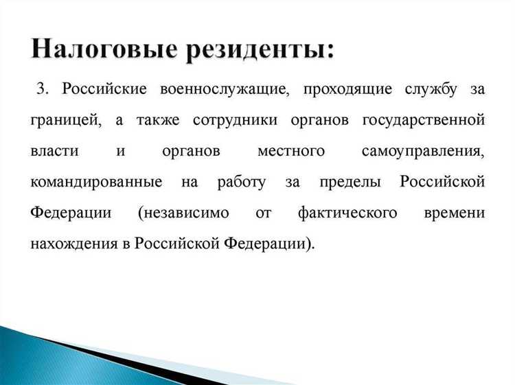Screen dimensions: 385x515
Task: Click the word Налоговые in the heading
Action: pyautogui.click(x=99, y=50)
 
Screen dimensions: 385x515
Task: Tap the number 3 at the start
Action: pyautogui.click(x=43, y=90)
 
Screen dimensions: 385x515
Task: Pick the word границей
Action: pyautogui.click(x=65, y=121)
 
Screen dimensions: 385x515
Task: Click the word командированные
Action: pyautogui.click(x=96, y=183)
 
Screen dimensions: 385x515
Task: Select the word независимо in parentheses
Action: pyautogui.click(x=181, y=213)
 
